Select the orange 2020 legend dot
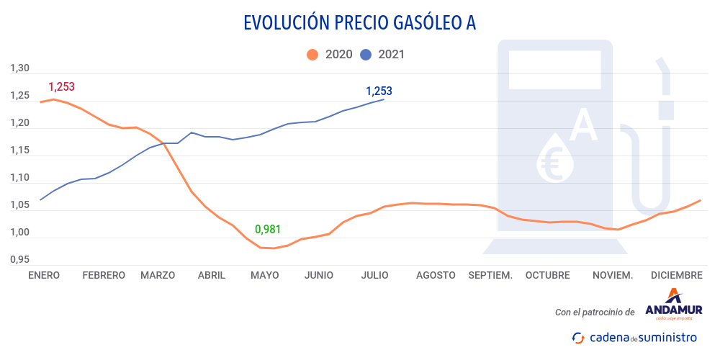[x=312, y=54]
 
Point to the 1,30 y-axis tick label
[x=19, y=69]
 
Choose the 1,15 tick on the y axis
[x=19, y=151]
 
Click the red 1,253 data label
[x=61, y=87]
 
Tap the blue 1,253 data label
[x=379, y=91]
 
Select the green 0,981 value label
[x=268, y=230]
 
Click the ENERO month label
[x=45, y=275]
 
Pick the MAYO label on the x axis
[x=264, y=275]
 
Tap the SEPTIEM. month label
[x=490, y=275]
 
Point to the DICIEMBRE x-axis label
[x=676, y=275]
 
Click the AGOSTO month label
[x=436, y=275]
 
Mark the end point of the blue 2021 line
[x=384, y=99]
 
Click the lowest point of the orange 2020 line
[x=274, y=248]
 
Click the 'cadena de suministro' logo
[x=634, y=337]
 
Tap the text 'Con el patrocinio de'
[x=595, y=312]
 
